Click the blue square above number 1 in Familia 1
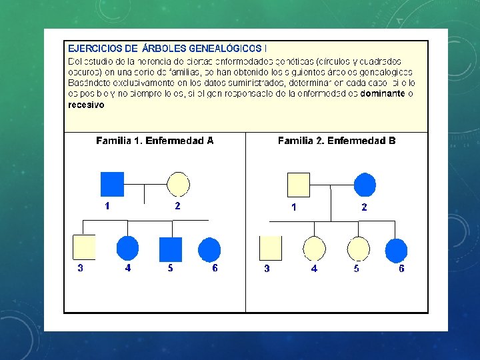pyautogui.click(x=112, y=184)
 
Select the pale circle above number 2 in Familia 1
pyautogui.click(x=178, y=184)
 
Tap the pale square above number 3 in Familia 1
pyautogui.click(x=83, y=248)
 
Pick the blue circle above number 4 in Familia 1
pyautogui.click(x=127, y=248)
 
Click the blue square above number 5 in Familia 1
pyautogui.click(x=171, y=248)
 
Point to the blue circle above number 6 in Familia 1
pyautogui.click(x=210, y=248)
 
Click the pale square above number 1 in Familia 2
pyautogui.click(x=299, y=184)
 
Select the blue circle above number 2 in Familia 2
pyautogui.click(x=365, y=184)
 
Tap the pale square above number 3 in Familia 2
pyautogui.click(x=270, y=248)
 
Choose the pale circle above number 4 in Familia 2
pyautogui.click(x=314, y=248)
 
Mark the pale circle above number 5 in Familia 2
pyautogui.click(x=358, y=248)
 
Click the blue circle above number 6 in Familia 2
pyautogui.click(x=397, y=250)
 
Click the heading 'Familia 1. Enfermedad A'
pyautogui.click(x=155, y=141)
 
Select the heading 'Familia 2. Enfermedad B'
pyautogui.click(x=336, y=141)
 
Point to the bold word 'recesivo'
pyautogui.click(x=86, y=105)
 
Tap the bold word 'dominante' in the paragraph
pyautogui.click(x=383, y=94)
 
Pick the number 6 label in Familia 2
pyautogui.click(x=401, y=269)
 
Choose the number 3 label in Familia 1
pyautogui.click(x=80, y=269)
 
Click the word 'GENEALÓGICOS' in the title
pyautogui.click(x=225, y=49)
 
